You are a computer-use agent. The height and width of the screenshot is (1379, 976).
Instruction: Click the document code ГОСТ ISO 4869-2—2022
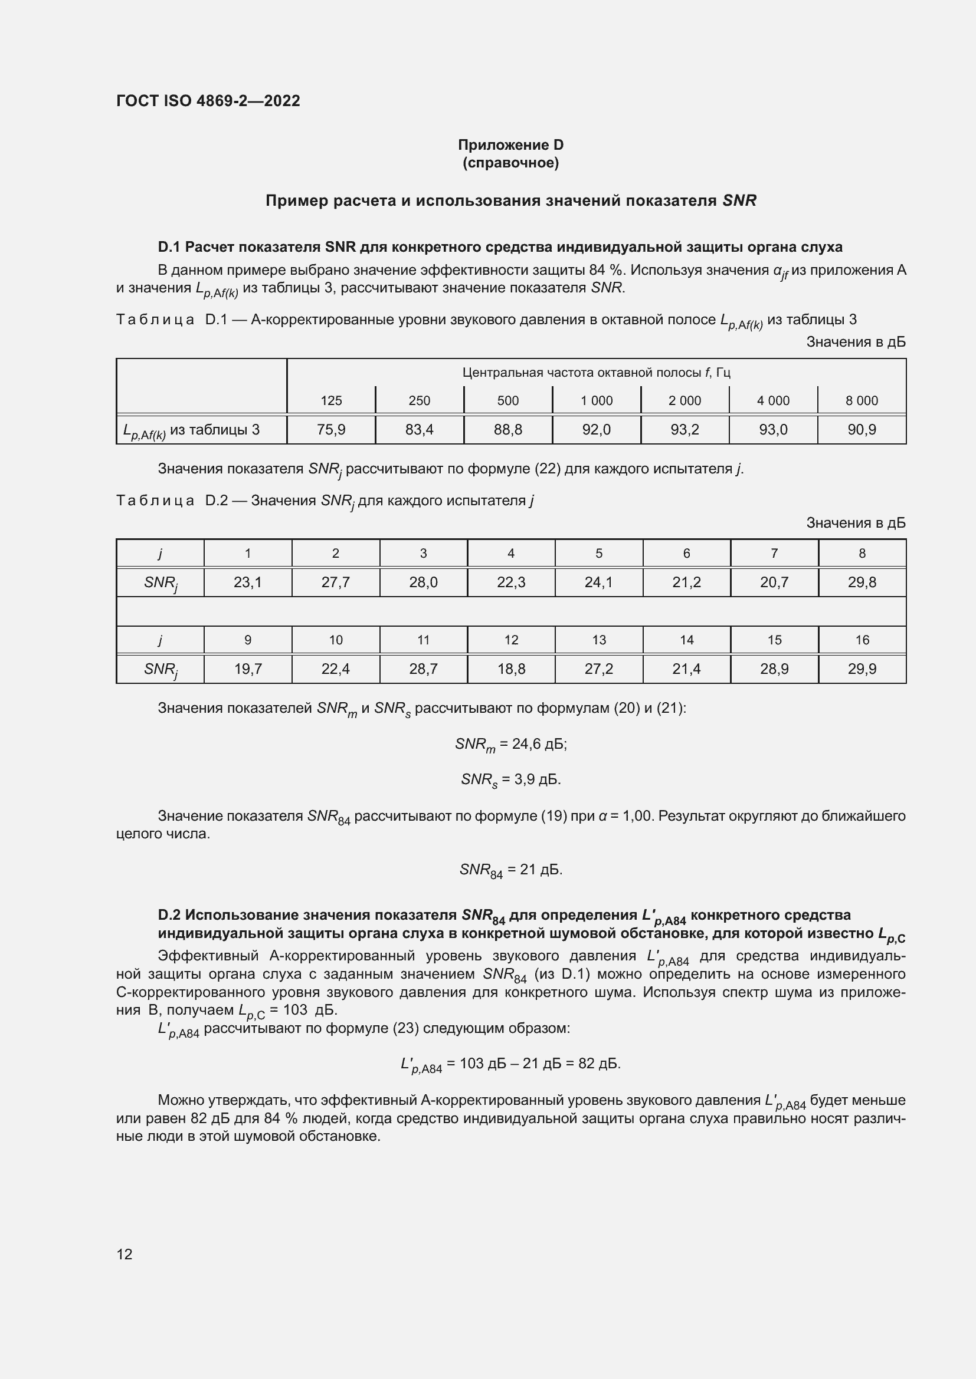[208, 101]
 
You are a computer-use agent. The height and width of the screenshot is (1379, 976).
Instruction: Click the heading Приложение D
[510, 145]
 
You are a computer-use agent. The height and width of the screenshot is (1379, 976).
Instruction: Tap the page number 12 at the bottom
[125, 1254]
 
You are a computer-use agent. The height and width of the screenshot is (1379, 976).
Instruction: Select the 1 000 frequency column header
[596, 400]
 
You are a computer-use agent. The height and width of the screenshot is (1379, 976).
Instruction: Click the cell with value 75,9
[331, 429]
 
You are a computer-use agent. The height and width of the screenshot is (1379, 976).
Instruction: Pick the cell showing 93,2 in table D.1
[684, 429]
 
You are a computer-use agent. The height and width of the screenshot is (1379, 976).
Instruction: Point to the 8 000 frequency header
[861, 400]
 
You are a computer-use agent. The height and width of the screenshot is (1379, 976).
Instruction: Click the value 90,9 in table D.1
[861, 429]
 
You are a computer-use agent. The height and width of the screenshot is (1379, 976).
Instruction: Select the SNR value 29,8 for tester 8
[862, 582]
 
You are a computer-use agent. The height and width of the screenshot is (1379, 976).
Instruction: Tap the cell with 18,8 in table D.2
[511, 669]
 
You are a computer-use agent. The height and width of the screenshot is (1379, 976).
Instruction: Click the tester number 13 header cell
[598, 640]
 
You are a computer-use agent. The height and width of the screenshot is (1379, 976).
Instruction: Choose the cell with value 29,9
[862, 669]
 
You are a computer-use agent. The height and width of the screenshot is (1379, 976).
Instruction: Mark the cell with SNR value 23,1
[248, 582]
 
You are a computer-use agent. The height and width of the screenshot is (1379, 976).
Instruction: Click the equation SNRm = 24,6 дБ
[510, 745]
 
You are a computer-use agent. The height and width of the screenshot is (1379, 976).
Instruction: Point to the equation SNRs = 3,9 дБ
[510, 780]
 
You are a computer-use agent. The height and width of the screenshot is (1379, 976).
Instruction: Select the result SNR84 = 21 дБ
[510, 870]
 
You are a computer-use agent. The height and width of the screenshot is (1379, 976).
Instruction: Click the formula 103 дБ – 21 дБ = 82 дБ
[510, 1064]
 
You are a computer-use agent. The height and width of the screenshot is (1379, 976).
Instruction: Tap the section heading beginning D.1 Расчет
[499, 247]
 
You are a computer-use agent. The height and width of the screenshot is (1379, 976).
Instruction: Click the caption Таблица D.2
[325, 501]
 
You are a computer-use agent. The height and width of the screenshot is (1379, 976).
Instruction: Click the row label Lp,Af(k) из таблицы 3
[191, 430]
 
